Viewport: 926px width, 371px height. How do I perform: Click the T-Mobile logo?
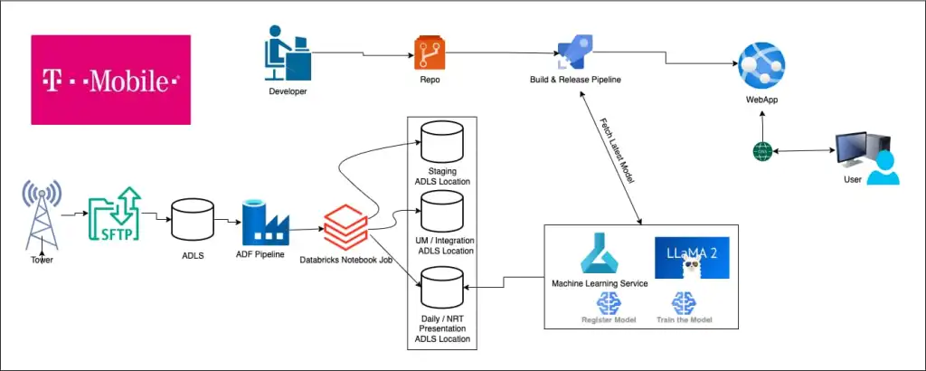point(110,80)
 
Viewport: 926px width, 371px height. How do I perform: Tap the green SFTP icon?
point(113,215)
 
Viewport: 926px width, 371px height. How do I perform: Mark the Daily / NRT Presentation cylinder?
point(442,287)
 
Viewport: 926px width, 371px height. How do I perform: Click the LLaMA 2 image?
point(691,258)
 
